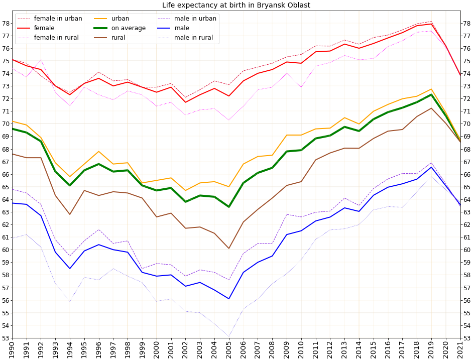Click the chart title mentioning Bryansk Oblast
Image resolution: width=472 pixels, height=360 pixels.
coord(236,6)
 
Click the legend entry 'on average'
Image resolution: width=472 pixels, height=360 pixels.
coord(128,28)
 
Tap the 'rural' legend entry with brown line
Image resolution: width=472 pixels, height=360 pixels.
coord(118,38)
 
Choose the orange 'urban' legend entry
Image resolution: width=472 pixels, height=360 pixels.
coord(120,19)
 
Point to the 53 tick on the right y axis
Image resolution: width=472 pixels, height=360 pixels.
coord(466,338)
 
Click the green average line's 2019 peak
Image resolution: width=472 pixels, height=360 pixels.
coord(431,94)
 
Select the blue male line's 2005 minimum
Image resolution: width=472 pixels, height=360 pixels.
coord(229,299)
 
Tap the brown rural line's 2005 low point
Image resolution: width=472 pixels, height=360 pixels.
coord(229,249)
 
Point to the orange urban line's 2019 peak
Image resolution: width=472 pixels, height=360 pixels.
coord(431,89)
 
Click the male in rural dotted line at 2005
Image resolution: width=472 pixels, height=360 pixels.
coord(229,336)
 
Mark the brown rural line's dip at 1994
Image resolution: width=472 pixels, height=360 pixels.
coord(70,214)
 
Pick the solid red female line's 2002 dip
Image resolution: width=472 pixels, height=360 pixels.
coord(186,102)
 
